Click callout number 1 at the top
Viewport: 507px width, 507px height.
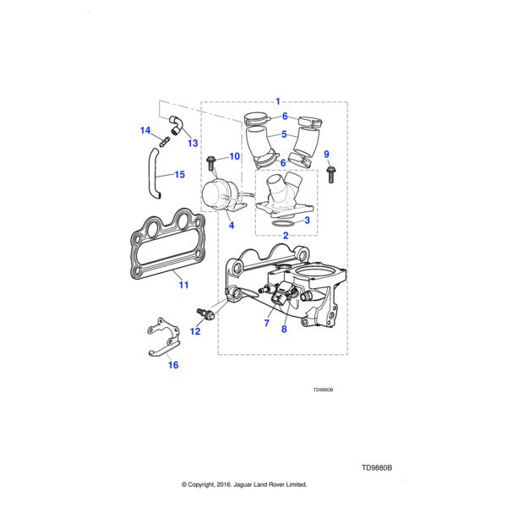[x=278, y=101]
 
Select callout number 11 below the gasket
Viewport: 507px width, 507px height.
[x=183, y=285]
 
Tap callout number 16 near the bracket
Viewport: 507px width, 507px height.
[x=172, y=365]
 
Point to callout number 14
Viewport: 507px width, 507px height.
[x=144, y=130]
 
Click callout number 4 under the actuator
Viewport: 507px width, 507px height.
[x=230, y=226]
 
